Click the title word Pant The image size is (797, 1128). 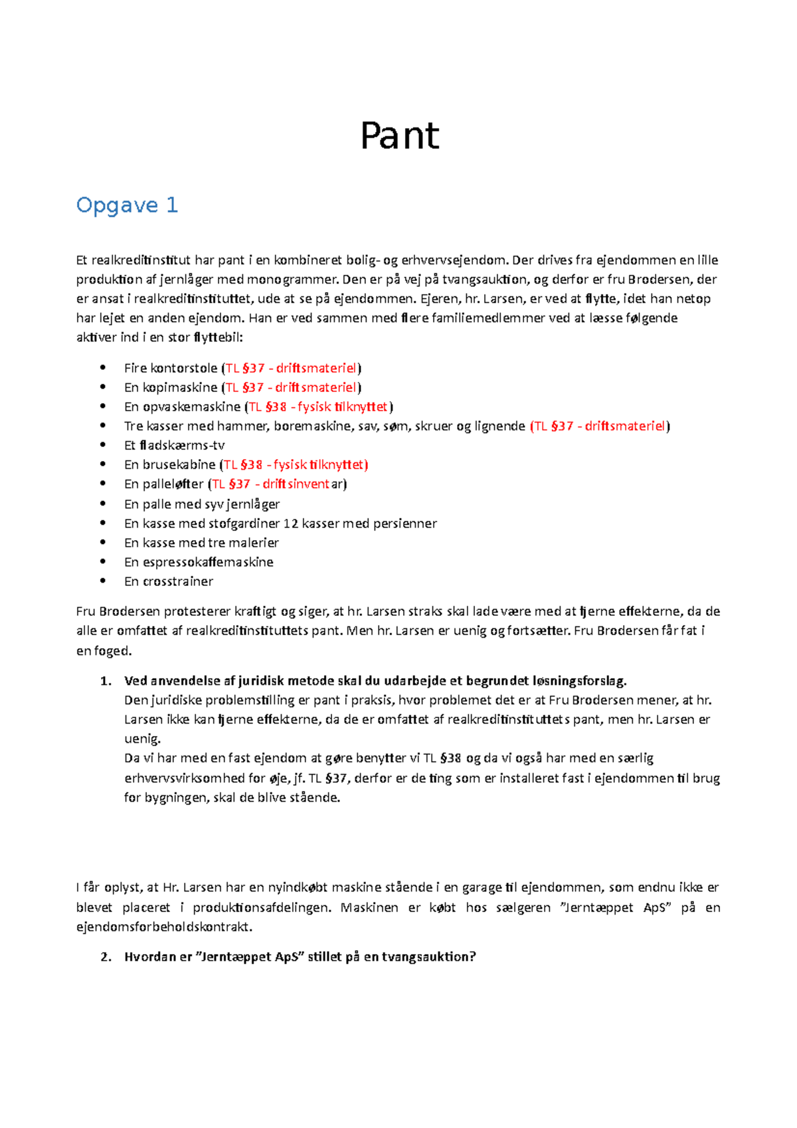[399, 136]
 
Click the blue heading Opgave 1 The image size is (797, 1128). [127, 205]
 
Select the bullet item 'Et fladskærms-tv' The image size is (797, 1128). [174, 445]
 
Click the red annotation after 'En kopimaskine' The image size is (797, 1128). [293, 387]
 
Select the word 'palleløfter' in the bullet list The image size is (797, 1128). [173, 484]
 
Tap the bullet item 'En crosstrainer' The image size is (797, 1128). [168, 581]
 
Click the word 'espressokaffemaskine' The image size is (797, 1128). [208, 562]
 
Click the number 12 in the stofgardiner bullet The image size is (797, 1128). [290, 523]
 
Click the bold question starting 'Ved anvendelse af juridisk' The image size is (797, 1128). [375, 680]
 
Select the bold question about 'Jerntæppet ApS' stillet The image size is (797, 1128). [300, 957]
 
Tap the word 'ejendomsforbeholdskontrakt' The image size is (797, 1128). [164, 927]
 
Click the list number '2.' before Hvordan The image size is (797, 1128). [106, 957]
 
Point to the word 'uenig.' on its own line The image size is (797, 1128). [142, 739]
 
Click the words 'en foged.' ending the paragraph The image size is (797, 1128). [104, 651]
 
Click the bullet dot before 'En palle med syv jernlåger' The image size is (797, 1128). [102, 504]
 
